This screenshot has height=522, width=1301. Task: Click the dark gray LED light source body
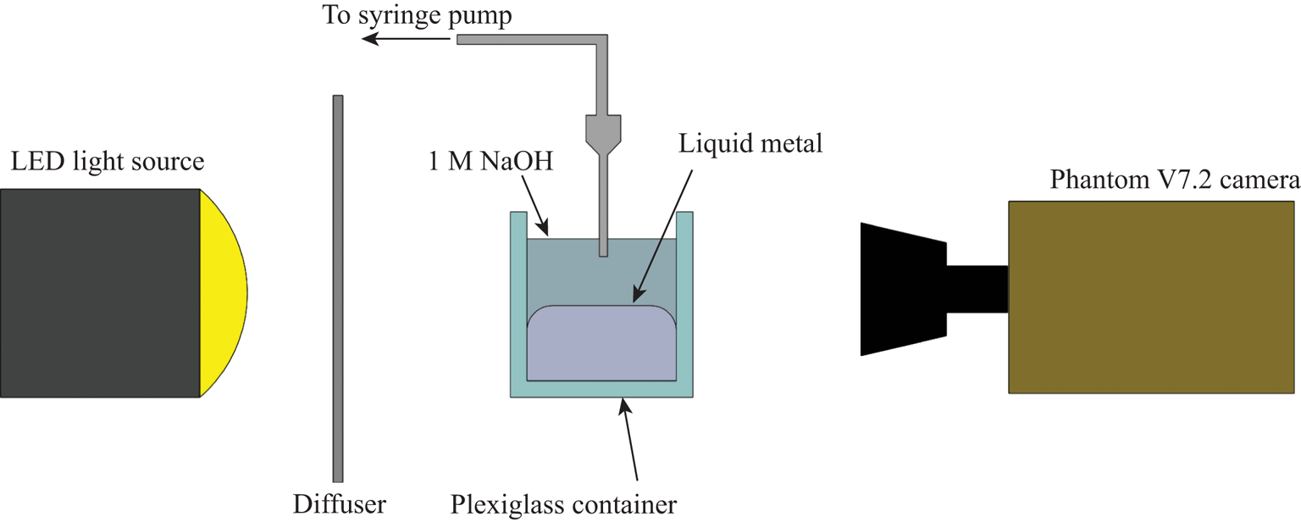(99, 292)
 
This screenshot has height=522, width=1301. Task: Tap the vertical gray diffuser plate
(338, 288)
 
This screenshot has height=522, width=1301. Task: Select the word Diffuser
(340, 505)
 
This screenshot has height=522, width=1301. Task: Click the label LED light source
(108, 161)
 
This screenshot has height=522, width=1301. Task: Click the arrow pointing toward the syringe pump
(407, 39)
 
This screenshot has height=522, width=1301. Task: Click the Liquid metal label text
(750, 144)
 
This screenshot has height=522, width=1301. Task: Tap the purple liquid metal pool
(601, 343)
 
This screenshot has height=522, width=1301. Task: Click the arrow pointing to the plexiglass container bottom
(630, 441)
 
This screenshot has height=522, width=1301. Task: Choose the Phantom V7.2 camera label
(1174, 180)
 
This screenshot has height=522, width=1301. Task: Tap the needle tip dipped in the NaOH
(602, 246)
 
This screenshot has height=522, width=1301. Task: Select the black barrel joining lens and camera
(977, 289)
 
